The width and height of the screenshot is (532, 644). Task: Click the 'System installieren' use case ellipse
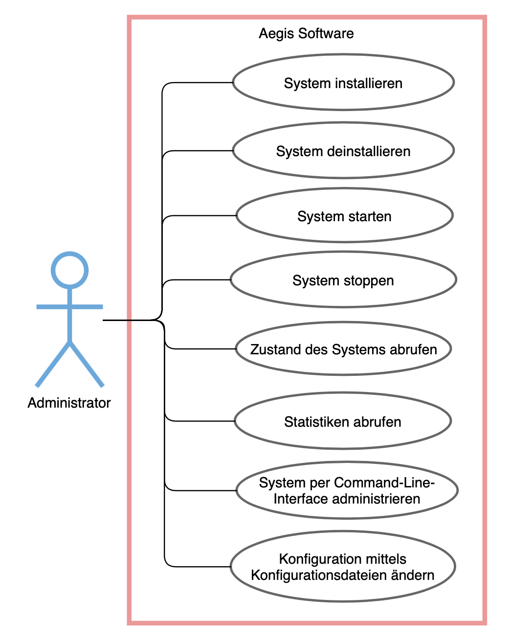[x=343, y=82]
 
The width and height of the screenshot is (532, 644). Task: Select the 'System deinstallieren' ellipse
[x=343, y=150]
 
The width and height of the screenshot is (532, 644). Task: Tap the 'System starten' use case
[x=344, y=215]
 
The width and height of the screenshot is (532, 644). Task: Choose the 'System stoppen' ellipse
[x=343, y=280]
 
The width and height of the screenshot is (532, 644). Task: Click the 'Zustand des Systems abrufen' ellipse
[x=343, y=349]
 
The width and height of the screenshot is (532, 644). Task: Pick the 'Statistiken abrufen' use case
[x=342, y=421]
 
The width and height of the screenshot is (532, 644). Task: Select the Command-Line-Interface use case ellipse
[x=347, y=490]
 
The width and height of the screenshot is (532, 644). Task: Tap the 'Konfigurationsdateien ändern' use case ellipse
[x=342, y=567]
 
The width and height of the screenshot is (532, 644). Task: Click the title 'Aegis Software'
[x=306, y=33]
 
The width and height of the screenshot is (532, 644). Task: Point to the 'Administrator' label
[x=69, y=403]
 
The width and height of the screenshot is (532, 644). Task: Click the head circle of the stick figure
[x=70, y=270]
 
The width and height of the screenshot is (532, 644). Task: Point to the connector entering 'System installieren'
[x=200, y=83]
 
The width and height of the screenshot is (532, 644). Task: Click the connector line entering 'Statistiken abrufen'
[x=200, y=421]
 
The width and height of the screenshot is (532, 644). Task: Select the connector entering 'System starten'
[x=200, y=215]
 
